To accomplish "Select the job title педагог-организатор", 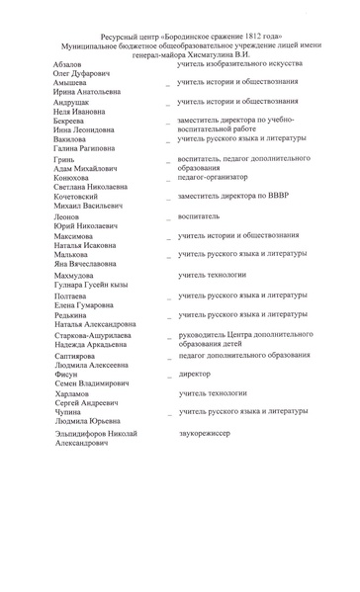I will [219, 178].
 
